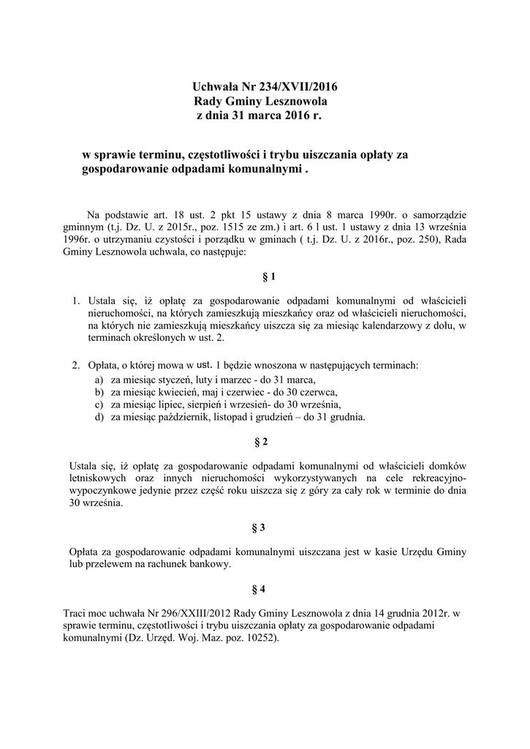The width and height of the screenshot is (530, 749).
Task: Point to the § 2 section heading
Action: [x=265, y=442]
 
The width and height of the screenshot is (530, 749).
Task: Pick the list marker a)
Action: [x=98, y=380]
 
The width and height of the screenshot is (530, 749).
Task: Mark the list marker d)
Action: [x=98, y=418]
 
